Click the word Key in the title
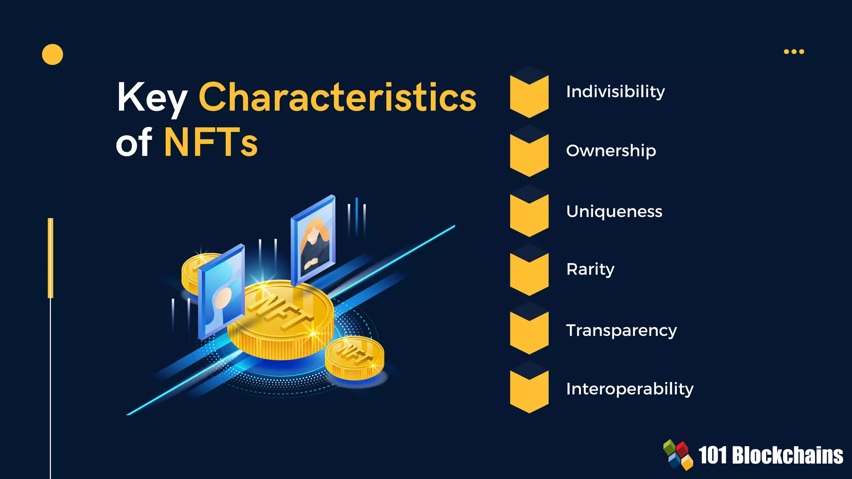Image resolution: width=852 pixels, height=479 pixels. (151, 98)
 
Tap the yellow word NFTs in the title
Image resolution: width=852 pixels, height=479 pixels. (211, 143)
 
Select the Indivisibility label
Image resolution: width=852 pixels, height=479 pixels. (615, 91)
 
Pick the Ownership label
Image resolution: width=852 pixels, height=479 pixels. (611, 151)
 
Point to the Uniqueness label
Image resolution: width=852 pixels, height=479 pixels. (614, 211)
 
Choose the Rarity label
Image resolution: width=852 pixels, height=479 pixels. (590, 269)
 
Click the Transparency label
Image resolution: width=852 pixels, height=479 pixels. (621, 330)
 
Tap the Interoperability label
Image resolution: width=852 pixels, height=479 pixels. (629, 389)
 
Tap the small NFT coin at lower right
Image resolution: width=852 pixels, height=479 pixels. (354, 358)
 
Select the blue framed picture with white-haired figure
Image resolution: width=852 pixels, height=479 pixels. (221, 291)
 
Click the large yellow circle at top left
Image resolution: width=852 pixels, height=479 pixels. (52, 54)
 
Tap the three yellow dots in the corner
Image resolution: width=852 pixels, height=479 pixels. (794, 52)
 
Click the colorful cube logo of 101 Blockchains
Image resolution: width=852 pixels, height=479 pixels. (678, 455)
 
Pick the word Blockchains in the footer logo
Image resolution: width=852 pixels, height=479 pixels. (787, 455)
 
